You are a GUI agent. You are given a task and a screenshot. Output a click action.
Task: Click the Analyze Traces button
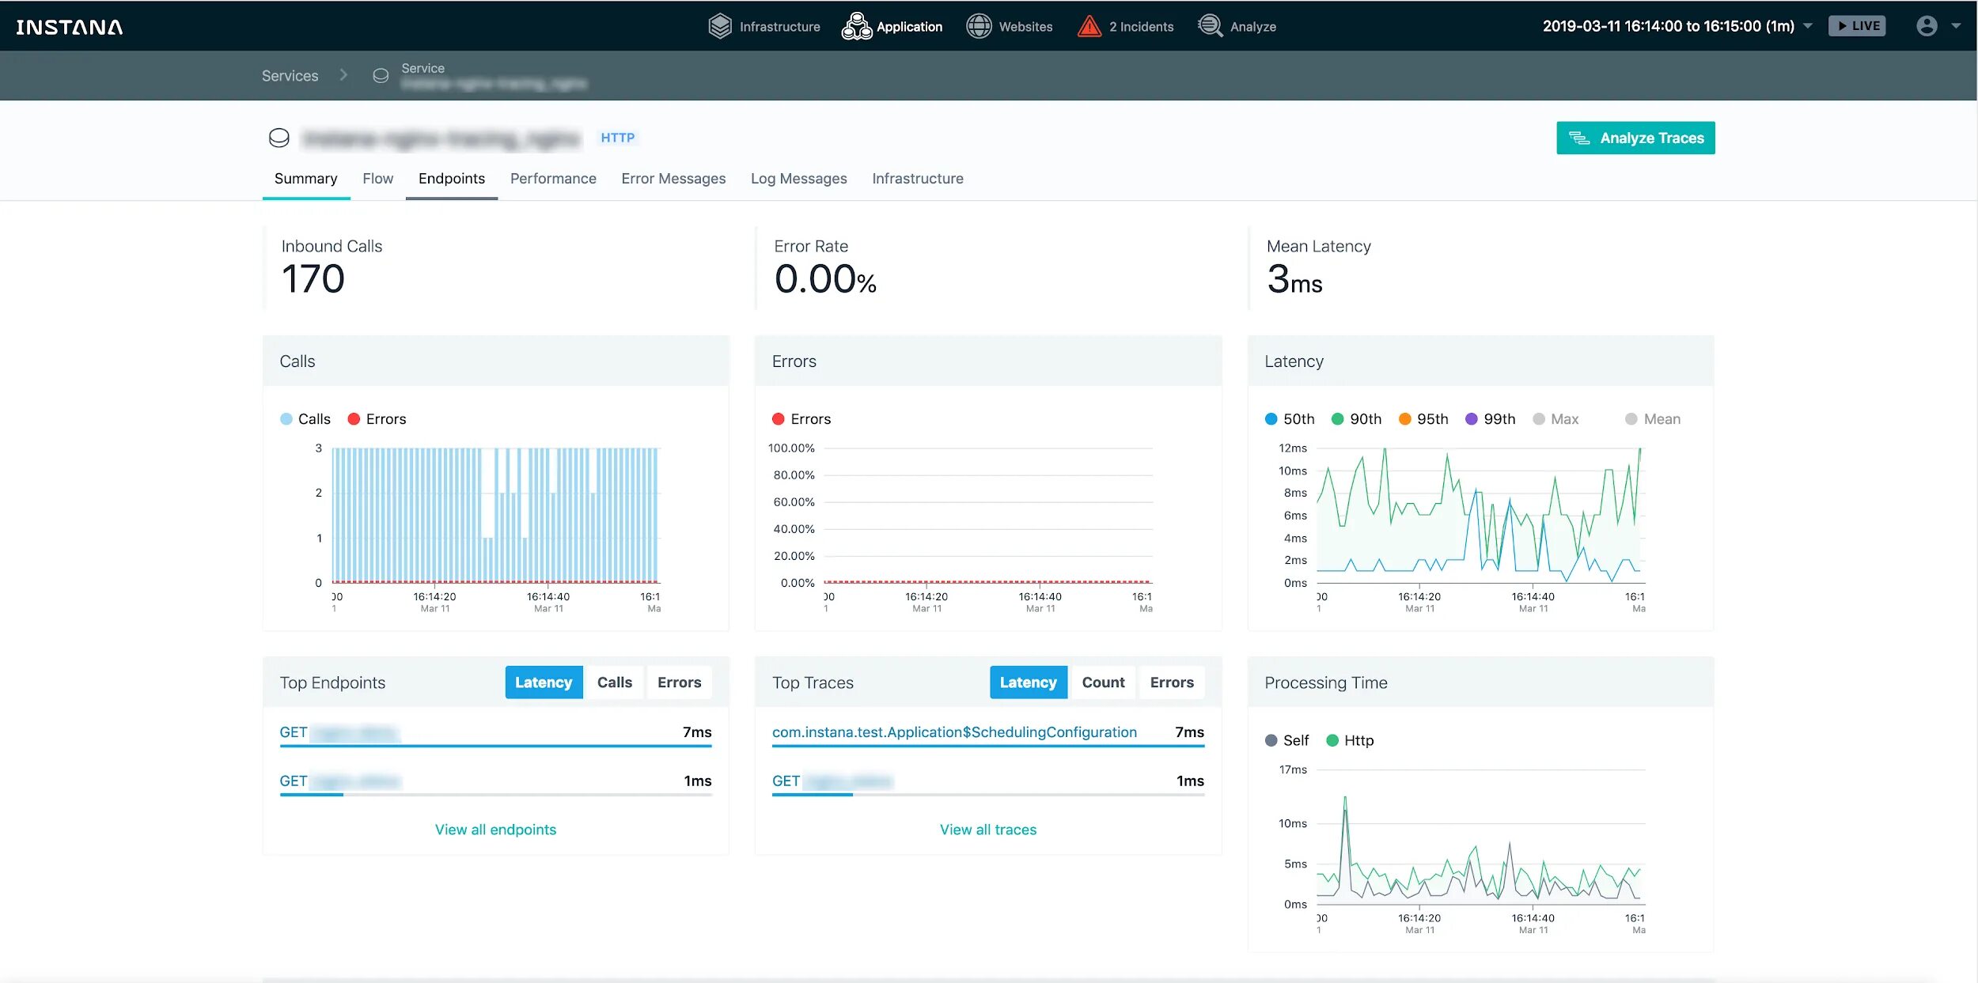pyautogui.click(x=1635, y=138)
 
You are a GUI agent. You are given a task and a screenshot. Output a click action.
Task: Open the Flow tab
pyautogui.click(x=377, y=179)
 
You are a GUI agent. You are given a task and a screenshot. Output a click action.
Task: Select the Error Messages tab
pyautogui.click(x=673, y=179)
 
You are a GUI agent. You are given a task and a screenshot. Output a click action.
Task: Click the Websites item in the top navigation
pyautogui.click(x=1010, y=27)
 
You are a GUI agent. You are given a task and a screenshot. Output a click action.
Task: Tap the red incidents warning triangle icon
pyautogui.click(x=1089, y=27)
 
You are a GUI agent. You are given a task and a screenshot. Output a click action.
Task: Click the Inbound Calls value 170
pyautogui.click(x=313, y=279)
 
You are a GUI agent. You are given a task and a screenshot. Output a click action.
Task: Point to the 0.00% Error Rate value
pyautogui.click(x=824, y=279)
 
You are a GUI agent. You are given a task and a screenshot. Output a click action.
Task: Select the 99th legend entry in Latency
pyautogui.click(x=1491, y=419)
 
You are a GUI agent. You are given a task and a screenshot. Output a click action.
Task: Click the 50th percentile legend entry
pyautogui.click(x=1290, y=419)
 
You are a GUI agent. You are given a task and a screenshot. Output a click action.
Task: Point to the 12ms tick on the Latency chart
pyautogui.click(x=1293, y=448)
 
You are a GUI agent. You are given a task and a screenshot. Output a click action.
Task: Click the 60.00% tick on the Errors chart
pyautogui.click(x=794, y=502)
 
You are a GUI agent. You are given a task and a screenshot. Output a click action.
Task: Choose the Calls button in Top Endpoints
pyautogui.click(x=614, y=682)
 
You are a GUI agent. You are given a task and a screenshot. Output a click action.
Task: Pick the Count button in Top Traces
pyautogui.click(x=1103, y=682)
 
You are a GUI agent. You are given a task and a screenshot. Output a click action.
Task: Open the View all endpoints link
pyautogui.click(x=495, y=830)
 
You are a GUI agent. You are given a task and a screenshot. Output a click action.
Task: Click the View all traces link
pyautogui.click(x=987, y=830)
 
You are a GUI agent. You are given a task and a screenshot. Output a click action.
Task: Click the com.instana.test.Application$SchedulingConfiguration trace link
pyautogui.click(x=954, y=732)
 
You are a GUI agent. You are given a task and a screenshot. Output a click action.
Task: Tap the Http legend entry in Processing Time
pyautogui.click(x=1351, y=741)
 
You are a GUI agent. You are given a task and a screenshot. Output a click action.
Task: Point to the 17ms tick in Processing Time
pyautogui.click(x=1293, y=770)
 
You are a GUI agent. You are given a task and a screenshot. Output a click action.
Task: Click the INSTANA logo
pyautogui.click(x=70, y=27)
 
